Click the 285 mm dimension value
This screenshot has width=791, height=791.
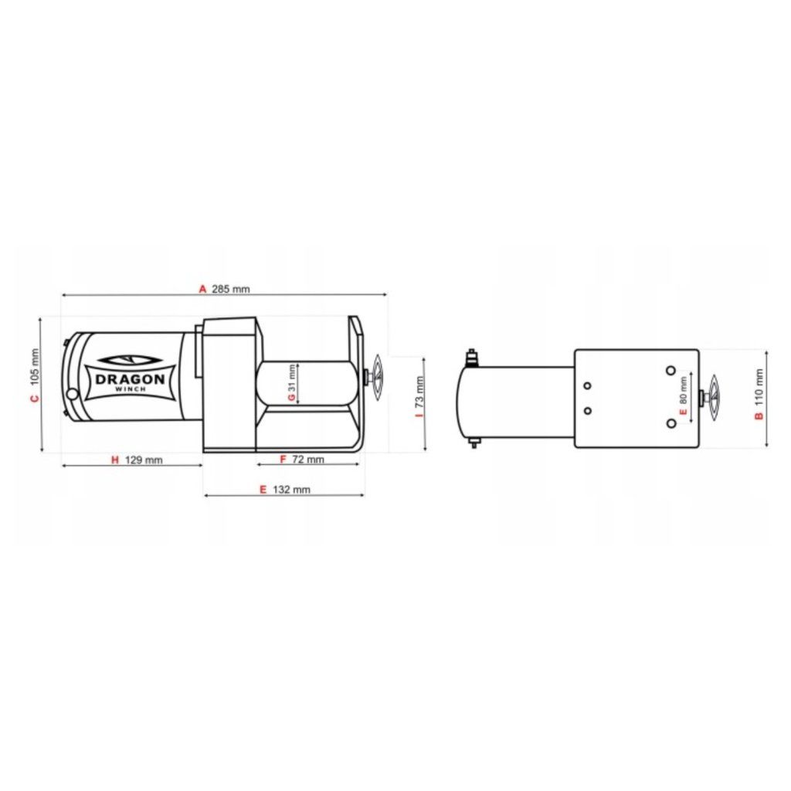pos(230,289)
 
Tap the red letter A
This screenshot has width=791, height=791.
pos(203,289)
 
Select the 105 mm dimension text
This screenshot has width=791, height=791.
pos(34,367)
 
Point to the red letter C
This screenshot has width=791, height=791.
pos(34,399)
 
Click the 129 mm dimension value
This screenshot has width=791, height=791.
pos(144,460)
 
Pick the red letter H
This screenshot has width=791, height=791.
pos(115,460)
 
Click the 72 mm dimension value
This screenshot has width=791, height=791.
pos(308,459)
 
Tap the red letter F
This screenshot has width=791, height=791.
pos(283,459)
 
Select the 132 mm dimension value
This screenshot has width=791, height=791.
pos(291,489)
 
